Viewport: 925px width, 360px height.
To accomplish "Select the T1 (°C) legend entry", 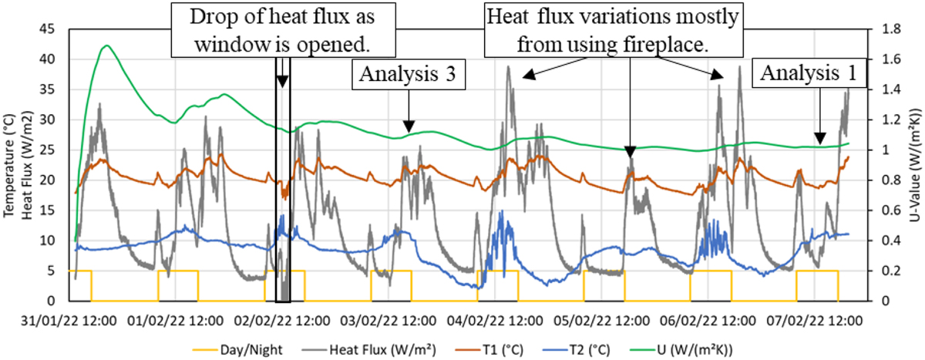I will [x=483, y=348].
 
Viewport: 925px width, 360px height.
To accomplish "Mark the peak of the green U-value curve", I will [x=106, y=45].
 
